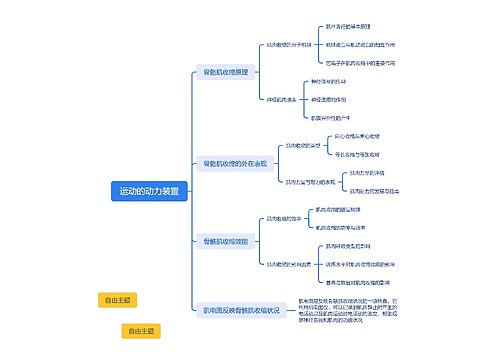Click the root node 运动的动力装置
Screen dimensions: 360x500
tap(150, 191)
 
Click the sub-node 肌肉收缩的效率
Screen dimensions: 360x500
tap(285, 219)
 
